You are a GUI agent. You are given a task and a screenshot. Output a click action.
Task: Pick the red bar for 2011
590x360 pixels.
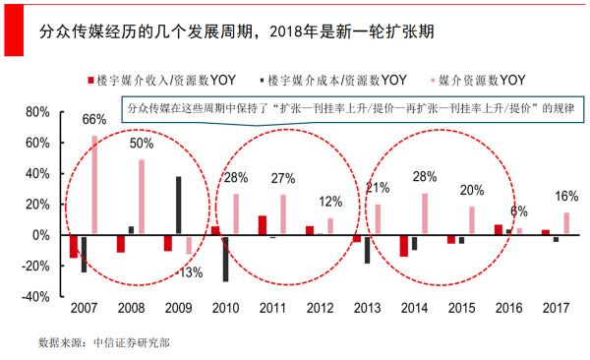(263, 225)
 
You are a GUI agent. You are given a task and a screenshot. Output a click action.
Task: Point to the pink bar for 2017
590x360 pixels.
(565, 223)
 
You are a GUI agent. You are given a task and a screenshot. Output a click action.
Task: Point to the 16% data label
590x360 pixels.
(566, 196)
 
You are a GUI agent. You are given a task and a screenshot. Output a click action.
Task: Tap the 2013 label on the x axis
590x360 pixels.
(368, 310)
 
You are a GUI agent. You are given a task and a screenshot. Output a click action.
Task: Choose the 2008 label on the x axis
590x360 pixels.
(132, 310)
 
